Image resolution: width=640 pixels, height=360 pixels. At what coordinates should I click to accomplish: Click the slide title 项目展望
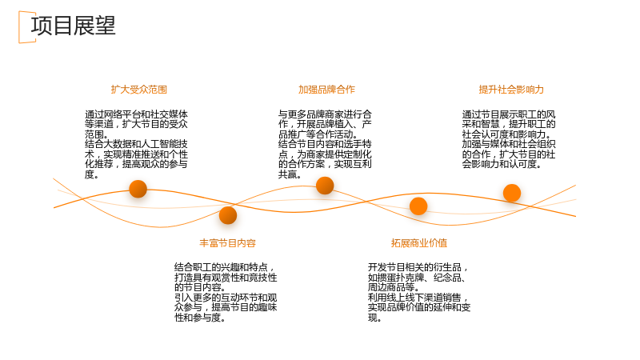pos(74,26)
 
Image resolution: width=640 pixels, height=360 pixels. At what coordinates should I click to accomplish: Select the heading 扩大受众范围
pos(138,90)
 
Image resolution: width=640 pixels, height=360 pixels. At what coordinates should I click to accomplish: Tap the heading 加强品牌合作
pos(326,90)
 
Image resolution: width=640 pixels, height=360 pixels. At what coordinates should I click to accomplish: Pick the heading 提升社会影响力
pos(511,90)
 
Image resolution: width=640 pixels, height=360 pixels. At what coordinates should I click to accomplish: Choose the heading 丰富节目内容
pos(227,243)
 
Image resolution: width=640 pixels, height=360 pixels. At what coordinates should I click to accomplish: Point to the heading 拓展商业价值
pos(418,243)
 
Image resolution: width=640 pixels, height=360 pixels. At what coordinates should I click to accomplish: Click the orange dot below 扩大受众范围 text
pos(138,189)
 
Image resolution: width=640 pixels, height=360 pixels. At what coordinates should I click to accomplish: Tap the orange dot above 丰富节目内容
pos(228,215)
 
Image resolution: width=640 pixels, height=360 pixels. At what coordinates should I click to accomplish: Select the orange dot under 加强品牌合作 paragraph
pos(325,186)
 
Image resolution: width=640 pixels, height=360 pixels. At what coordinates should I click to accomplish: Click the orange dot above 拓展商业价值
pos(418,206)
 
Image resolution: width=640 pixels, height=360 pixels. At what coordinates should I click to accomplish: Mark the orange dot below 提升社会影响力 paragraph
pos(512,193)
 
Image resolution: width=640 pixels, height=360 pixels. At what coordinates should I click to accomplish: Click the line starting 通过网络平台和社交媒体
pos(136,114)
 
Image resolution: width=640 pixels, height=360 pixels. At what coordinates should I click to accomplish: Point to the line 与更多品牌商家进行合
pos(325,114)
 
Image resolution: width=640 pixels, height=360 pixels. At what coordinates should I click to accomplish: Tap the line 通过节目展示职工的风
pos(509,114)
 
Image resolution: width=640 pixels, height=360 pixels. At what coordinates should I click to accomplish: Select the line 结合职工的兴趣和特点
pos(224,267)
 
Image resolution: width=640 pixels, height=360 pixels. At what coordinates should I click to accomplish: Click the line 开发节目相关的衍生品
pos(418,267)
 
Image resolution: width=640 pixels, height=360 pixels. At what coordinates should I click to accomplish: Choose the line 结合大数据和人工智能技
pos(136,144)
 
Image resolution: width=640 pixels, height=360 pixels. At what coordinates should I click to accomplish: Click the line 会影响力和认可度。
pos(502,164)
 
